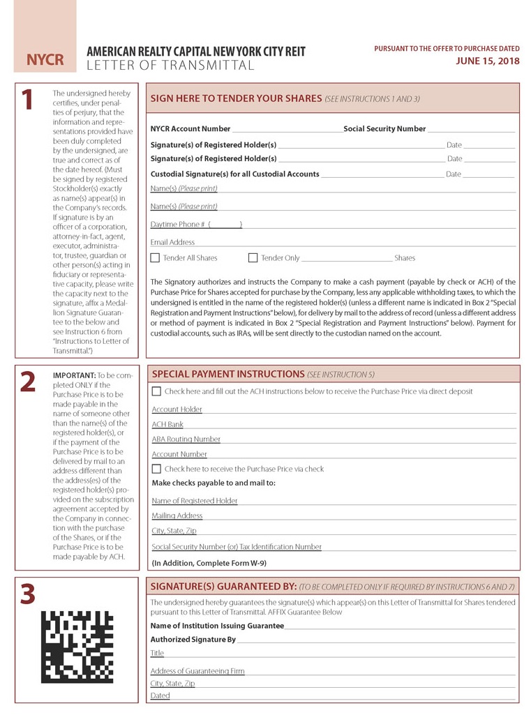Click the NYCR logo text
[45, 61]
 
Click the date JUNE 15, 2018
[488, 61]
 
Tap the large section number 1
[27, 100]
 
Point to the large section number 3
[27, 594]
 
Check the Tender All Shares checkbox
[155, 258]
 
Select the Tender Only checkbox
[253, 258]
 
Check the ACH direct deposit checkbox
[156, 391]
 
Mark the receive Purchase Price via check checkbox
[156, 469]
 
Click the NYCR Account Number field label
[190, 129]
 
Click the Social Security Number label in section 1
[384, 129]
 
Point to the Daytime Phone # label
[177, 224]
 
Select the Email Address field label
[172, 242]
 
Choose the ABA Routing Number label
[186, 439]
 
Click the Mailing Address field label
[177, 515]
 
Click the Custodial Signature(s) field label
[234, 174]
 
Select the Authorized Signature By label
[193, 640]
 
